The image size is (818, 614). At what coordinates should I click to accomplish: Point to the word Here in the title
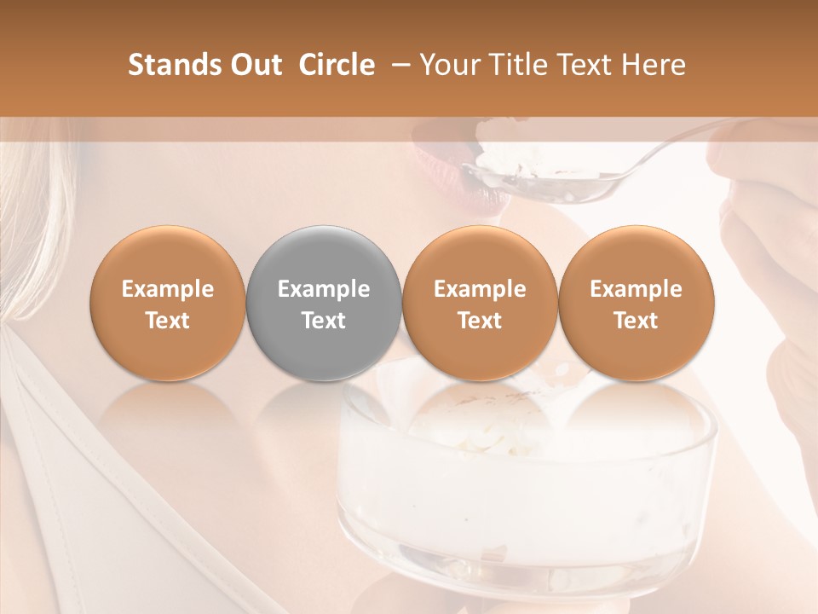point(654,66)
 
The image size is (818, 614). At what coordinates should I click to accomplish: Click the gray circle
point(323,302)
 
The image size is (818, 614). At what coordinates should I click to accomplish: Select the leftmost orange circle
point(167,302)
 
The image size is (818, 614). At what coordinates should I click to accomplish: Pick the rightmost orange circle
point(636,302)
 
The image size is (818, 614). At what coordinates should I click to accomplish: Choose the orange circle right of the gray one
point(480,302)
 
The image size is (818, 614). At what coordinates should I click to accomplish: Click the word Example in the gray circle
point(323,289)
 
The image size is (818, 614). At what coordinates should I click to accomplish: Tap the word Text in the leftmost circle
point(167,321)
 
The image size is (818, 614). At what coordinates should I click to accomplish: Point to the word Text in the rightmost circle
point(636,321)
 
